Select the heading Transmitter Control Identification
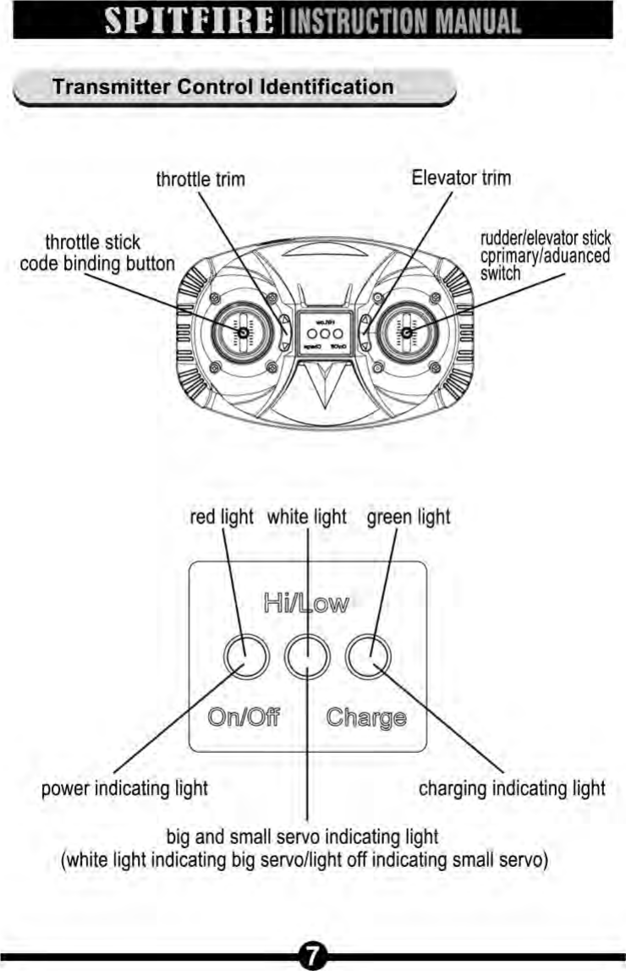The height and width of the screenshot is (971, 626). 222,87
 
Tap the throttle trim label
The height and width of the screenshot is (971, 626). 200,179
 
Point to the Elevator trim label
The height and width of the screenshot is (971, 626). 461,178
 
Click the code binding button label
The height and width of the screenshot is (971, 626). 97,263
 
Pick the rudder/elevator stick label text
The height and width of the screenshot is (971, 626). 545,239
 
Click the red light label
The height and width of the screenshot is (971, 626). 222,517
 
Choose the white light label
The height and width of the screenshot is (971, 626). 307,517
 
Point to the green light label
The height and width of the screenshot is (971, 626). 409,517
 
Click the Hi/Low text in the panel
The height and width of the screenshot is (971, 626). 305,603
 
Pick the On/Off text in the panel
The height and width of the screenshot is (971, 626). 244,718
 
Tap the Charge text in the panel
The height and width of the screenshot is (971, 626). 365,718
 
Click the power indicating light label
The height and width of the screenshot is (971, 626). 125,789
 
